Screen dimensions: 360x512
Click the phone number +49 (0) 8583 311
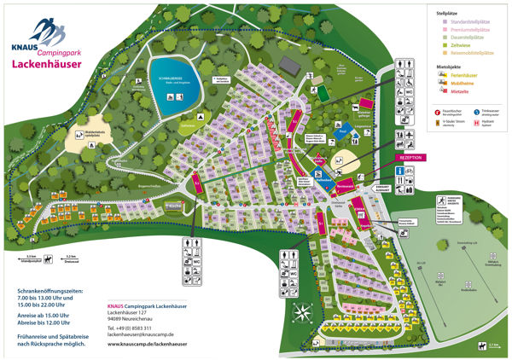[130, 328]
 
